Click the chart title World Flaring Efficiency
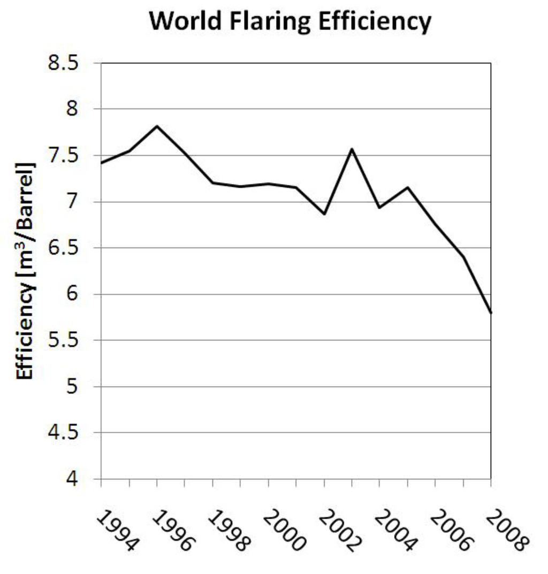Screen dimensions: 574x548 (x=290, y=22)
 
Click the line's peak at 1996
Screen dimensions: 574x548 (x=157, y=126)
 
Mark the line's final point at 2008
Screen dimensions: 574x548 (x=490, y=313)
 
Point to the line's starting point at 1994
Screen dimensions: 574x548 (x=101, y=163)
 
